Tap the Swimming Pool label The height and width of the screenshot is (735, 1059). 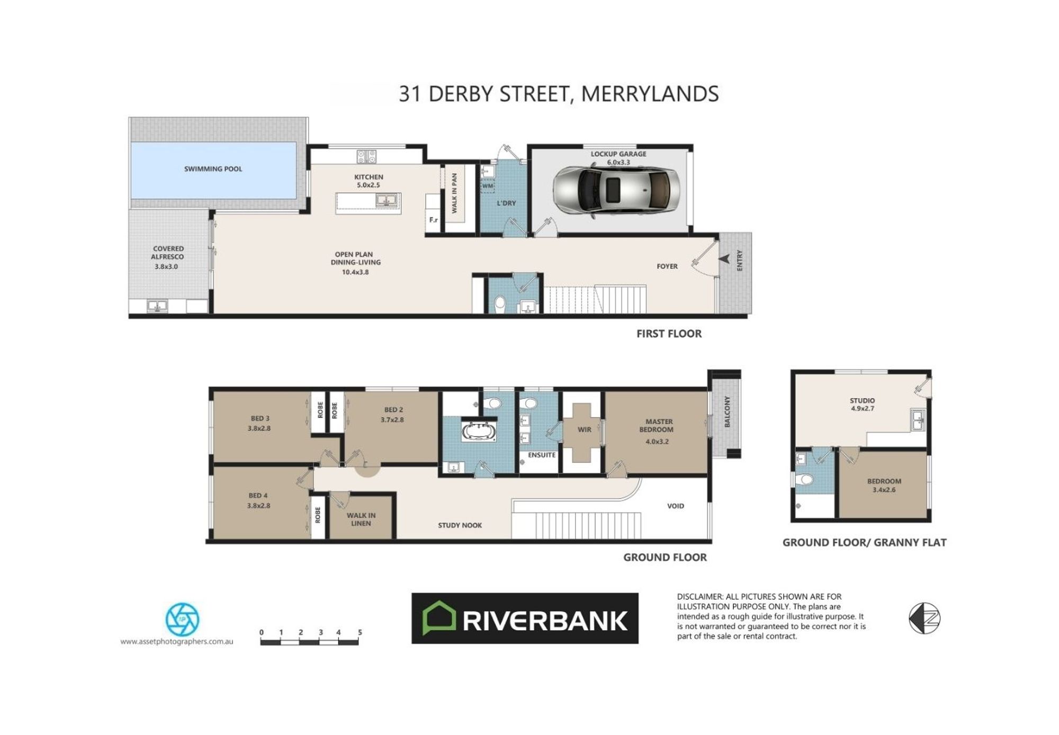coord(213,169)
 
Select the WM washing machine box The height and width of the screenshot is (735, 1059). coord(488,186)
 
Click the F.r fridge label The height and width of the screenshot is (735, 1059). coord(434,220)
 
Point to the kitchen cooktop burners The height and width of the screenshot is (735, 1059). coord(366,156)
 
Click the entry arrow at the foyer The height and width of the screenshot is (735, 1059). coord(724,259)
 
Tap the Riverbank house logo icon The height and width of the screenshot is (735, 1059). coord(439,618)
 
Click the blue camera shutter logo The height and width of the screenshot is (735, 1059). coord(182,619)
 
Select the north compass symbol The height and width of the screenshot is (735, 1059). coord(925,618)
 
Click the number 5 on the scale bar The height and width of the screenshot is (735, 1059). coord(360,632)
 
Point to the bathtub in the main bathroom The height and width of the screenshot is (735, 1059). coord(479,432)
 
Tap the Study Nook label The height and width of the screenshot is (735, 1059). coord(460,525)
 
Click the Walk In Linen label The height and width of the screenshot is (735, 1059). coord(361,519)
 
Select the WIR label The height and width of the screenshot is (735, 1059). coord(584,429)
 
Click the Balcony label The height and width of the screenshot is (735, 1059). coord(727,411)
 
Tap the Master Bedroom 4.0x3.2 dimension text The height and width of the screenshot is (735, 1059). coord(657,441)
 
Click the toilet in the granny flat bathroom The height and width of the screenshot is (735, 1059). coord(804,480)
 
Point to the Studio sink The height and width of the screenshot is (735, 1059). coord(918,420)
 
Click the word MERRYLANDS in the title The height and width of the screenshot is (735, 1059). coord(650,94)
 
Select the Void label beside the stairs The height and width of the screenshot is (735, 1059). coord(676,506)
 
